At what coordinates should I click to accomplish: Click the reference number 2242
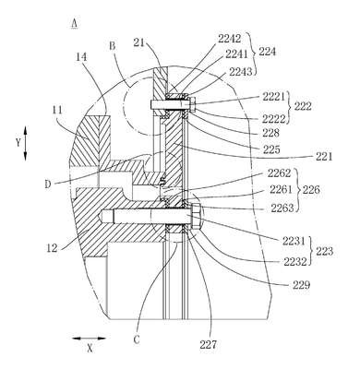tap(229, 39)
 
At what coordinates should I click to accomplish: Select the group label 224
tap(267, 52)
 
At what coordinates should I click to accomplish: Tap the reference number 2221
tap(273, 97)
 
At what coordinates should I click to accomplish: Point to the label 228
tap(270, 133)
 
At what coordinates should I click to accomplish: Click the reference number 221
tap(324, 157)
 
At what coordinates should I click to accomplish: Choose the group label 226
tap(312, 189)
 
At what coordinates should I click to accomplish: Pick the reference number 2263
tap(282, 208)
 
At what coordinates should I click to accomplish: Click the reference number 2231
tap(294, 242)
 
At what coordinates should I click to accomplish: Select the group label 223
tap(325, 251)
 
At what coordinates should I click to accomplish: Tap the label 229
tap(302, 285)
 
